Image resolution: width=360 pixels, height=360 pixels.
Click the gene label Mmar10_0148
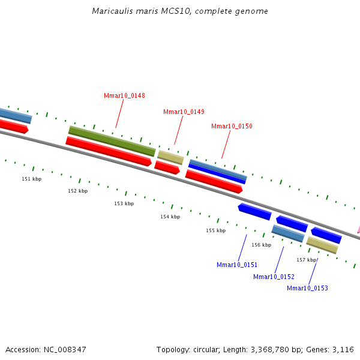124,95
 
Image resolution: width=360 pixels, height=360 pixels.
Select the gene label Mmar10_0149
184,112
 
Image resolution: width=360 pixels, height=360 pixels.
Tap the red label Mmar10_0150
232,126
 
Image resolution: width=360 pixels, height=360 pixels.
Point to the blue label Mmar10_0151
237,265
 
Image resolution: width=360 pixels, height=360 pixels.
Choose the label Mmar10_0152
274,277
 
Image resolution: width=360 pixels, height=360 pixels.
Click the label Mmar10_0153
307,288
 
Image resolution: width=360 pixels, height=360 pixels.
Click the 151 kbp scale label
32,179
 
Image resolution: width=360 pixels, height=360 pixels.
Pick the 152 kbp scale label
77,191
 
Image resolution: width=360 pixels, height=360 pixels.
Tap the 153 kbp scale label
124,203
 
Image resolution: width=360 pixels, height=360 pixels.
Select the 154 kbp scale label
170,217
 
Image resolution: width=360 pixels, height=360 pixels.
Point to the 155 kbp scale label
215,230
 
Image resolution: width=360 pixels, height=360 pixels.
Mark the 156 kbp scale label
261,245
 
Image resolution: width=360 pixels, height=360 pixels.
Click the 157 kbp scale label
306,260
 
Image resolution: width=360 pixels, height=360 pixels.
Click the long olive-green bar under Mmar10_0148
112,139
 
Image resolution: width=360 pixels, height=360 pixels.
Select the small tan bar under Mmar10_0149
170,157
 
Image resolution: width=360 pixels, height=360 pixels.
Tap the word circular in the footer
210,349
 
